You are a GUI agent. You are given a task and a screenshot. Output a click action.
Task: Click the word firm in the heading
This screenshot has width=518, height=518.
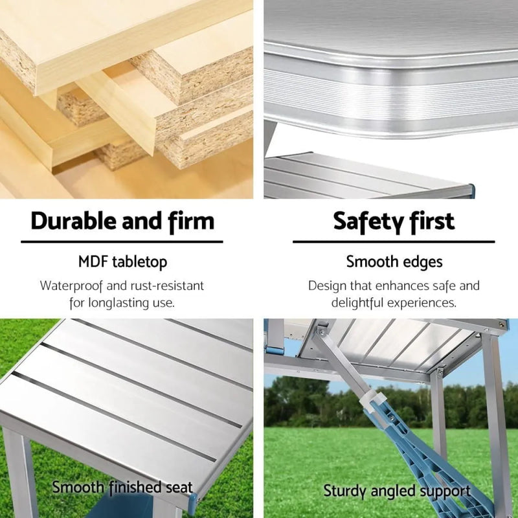point(191,221)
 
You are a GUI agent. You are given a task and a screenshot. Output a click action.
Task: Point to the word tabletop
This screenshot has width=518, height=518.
point(139,262)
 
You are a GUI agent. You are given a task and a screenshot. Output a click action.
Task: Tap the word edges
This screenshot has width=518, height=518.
point(422,262)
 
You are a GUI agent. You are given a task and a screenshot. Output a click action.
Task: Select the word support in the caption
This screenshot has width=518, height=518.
point(443,492)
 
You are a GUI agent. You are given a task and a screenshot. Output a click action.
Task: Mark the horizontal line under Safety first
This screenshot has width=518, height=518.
point(394,242)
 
